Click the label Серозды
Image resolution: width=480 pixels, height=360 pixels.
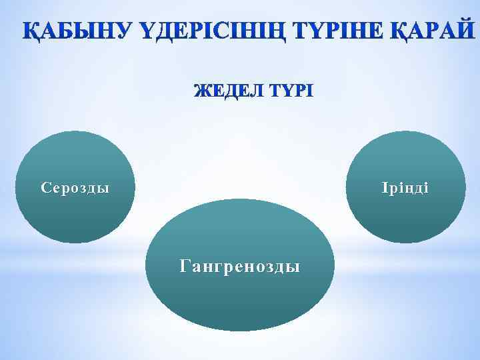[75, 188]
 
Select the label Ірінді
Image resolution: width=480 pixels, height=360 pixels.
[405, 188]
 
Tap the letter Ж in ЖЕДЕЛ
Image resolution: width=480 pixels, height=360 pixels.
[200, 91]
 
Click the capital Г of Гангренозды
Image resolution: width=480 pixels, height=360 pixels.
[185, 267]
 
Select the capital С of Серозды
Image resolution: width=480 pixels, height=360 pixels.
[45, 188]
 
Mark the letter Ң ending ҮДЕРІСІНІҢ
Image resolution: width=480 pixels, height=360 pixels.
[280, 31]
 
